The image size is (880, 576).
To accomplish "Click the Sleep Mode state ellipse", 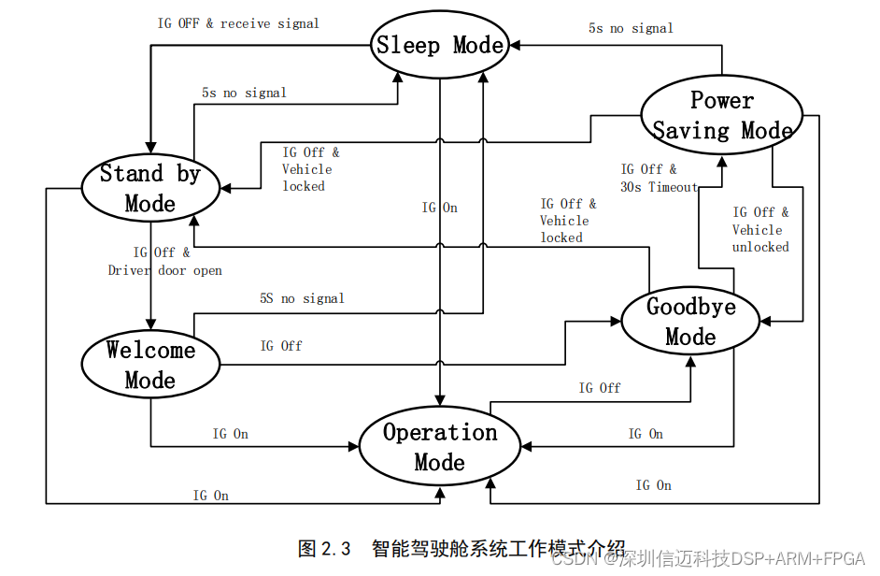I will (440, 45).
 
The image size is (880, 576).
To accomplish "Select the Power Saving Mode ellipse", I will (722, 115).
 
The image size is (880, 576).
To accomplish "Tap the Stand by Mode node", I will (149, 187).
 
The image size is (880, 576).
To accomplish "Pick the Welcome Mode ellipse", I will (150, 365).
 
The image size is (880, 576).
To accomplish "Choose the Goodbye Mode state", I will (690, 322).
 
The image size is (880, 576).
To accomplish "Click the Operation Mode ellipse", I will (440, 447).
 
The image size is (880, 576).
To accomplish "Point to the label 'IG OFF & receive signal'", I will (238, 23).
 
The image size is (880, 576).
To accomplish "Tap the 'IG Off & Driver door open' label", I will (164, 261).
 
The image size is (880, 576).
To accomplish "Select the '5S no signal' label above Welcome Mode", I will (302, 298).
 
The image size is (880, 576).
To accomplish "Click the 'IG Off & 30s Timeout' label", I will (659, 178).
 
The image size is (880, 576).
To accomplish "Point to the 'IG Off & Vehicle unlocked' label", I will (760, 229).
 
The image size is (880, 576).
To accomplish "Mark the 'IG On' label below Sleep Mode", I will (439, 208).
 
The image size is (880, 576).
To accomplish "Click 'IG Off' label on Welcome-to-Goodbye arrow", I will (281, 346).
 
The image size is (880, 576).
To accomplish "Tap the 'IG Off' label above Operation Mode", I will (599, 388).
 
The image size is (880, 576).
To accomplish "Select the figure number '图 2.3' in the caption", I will (324, 548).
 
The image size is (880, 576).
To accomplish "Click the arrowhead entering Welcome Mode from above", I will (150, 324).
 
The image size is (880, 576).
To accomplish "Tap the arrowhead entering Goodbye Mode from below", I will (690, 360).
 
